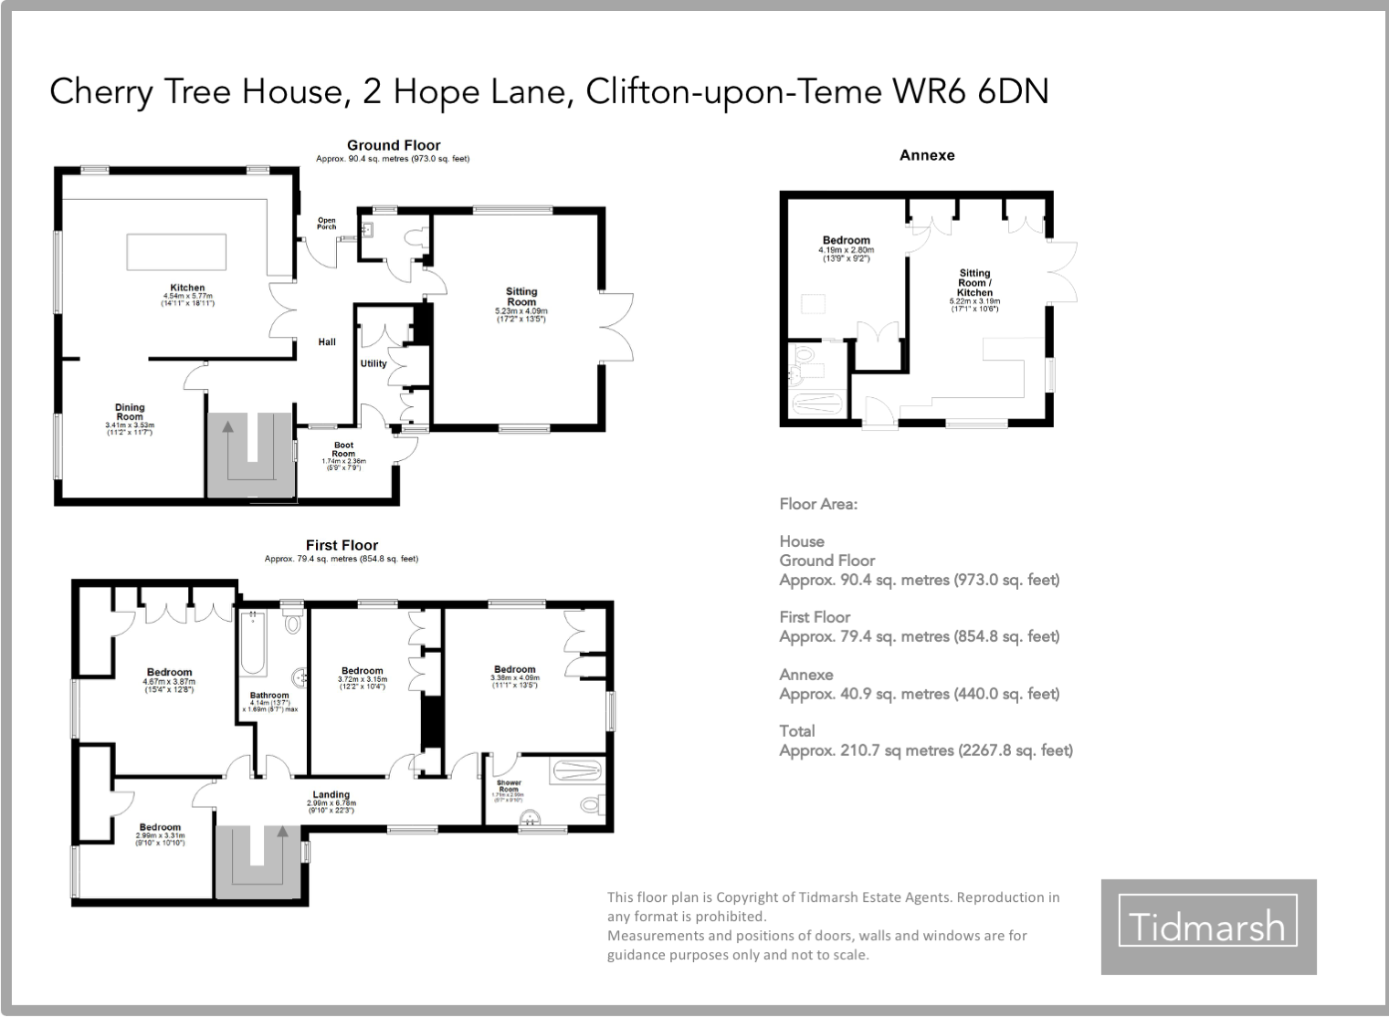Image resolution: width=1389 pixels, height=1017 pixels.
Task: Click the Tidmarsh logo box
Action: click(x=1208, y=927)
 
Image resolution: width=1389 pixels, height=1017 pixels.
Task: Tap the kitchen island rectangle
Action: click(x=175, y=252)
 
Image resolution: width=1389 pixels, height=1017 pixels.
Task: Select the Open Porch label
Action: click(x=326, y=224)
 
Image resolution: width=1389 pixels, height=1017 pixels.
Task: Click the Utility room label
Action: click(x=374, y=363)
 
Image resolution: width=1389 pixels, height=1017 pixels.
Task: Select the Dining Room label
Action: click(x=130, y=412)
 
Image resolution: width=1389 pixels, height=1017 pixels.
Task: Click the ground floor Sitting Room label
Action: click(x=521, y=297)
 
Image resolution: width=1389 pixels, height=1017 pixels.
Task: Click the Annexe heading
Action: click(x=927, y=155)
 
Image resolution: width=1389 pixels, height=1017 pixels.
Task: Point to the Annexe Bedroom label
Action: click(x=847, y=240)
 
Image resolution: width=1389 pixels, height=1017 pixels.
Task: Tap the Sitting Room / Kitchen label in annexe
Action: click(x=974, y=282)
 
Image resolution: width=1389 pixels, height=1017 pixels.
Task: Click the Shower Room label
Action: click(x=509, y=786)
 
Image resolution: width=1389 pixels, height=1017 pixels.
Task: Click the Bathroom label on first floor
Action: click(x=269, y=696)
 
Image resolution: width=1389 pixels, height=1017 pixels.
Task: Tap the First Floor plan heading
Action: click(x=342, y=545)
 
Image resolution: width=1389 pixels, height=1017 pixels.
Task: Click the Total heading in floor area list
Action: click(x=797, y=730)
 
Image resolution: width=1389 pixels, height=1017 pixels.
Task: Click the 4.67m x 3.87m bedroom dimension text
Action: click(x=169, y=682)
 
